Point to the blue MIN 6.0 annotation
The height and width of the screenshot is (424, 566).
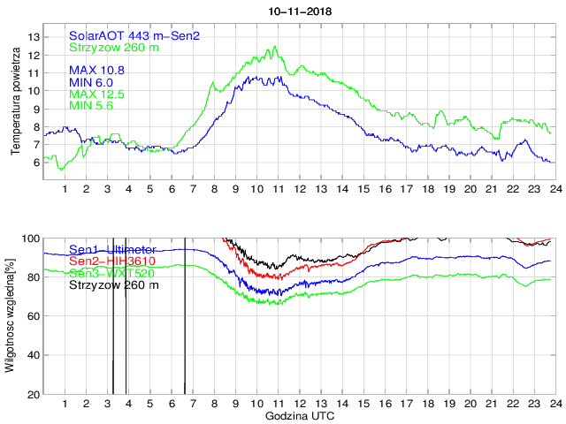point(93,81)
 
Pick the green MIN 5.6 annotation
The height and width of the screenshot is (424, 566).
point(93,106)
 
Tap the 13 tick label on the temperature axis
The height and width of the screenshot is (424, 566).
point(34,36)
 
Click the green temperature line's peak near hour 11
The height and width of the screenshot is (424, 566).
point(275,47)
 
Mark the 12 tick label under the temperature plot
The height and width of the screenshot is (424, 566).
point(299,189)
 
